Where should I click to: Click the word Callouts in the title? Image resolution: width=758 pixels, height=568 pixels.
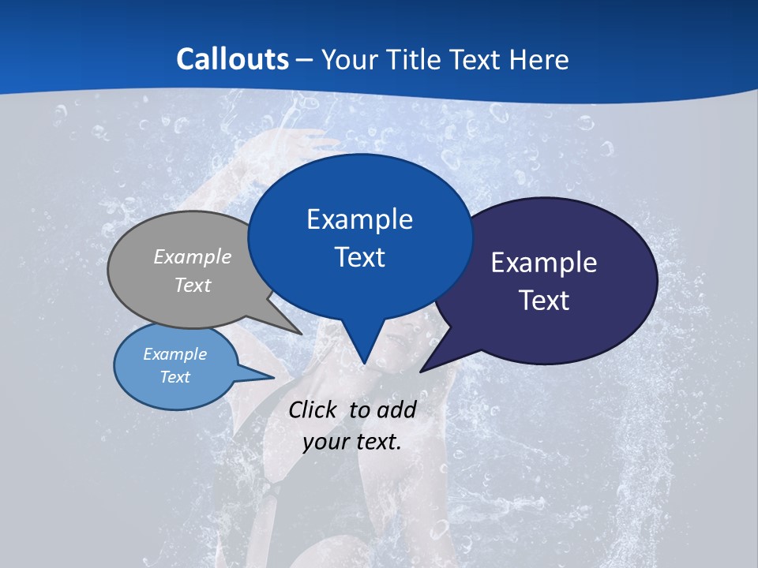pyautogui.click(x=232, y=59)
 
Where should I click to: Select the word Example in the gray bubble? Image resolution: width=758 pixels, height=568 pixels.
pyautogui.click(x=193, y=256)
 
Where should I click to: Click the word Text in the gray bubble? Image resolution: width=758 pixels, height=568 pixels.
pyautogui.click(x=193, y=285)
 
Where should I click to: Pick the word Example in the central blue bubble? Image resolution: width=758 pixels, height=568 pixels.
pyautogui.click(x=359, y=219)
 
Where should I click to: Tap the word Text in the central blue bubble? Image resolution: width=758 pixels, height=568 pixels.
pyautogui.click(x=359, y=257)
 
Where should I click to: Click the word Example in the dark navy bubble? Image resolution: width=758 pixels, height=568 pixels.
pyautogui.click(x=544, y=263)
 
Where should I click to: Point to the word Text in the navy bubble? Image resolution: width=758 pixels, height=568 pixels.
pyautogui.click(x=544, y=301)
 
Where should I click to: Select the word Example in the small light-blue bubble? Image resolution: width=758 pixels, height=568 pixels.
pyautogui.click(x=175, y=354)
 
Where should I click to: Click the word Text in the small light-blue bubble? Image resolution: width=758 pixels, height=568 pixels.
pyautogui.click(x=175, y=377)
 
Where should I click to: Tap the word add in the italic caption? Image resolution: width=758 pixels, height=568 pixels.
pyautogui.click(x=396, y=409)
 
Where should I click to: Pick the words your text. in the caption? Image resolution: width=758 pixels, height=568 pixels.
pyautogui.click(x=352, y=442)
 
